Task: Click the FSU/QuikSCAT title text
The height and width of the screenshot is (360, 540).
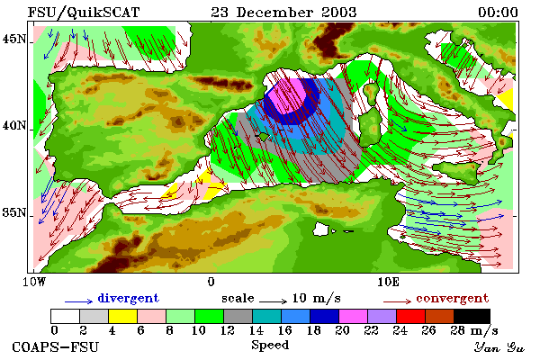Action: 84,13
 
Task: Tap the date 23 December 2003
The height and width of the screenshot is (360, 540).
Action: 283,13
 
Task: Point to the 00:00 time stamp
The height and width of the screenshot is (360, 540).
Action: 498,13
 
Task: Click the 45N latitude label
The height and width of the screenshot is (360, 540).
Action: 14,39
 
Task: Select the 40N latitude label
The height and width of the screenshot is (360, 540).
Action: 14,125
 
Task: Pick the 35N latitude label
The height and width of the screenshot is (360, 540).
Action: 14,212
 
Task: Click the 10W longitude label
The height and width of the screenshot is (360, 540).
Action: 34,282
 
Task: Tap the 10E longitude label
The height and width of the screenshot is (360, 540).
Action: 388,282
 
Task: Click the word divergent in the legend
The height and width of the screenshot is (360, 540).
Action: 128,298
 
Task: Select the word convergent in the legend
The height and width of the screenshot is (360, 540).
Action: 452,298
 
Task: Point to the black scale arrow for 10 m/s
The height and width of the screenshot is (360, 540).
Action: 273,301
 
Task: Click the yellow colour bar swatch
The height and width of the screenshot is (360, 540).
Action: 122,316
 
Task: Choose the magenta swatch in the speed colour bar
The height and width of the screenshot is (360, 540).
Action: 353,316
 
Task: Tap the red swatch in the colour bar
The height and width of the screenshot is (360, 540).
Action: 411,316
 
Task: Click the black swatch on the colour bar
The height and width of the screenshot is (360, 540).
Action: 472,316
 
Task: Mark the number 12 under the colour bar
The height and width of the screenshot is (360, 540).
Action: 228,330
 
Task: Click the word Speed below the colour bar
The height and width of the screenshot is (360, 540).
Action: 270,346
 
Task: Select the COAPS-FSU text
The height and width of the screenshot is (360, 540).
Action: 55,346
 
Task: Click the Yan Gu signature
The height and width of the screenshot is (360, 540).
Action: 499,347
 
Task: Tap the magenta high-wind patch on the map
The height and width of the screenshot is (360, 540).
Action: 288,95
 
